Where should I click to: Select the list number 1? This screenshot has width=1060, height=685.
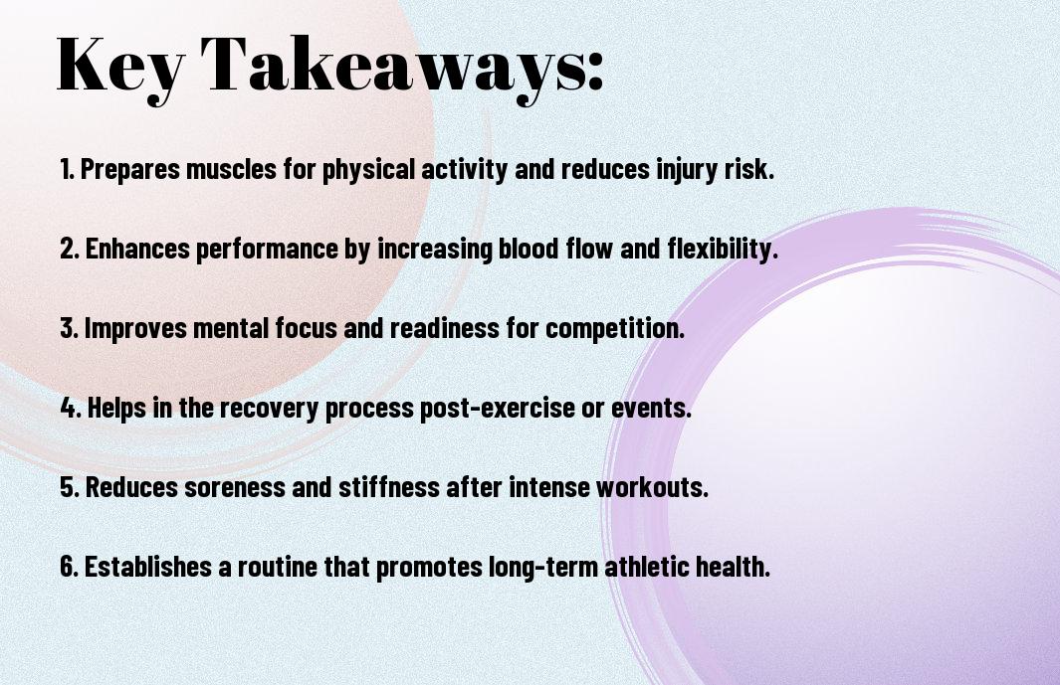(67, 169)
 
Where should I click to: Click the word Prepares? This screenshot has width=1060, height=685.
(130, 170)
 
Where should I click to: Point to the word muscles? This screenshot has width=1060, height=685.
(231, 169)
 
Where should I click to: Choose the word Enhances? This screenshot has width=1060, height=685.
(137, 249)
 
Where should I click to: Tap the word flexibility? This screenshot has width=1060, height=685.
(723, 250)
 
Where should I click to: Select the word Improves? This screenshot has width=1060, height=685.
(135, 329)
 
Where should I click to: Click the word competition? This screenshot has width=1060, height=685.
(615, 329)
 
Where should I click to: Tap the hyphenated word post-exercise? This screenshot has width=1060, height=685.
(498, 409)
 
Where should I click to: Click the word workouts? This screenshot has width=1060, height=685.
(652, 487)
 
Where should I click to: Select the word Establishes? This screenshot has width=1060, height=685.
(148, 566)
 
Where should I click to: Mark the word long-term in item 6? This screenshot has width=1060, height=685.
(543, 568)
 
